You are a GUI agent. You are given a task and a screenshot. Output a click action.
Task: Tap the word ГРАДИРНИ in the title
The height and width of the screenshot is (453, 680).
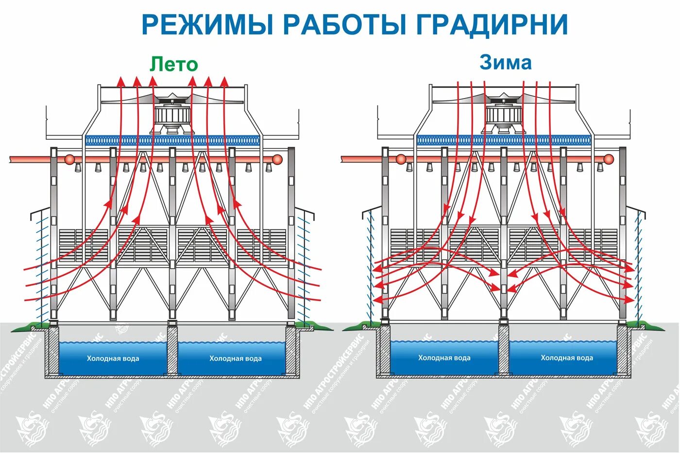tap(492, 24)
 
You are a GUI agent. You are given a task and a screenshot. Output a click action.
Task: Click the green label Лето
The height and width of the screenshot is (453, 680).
tap(173, 64)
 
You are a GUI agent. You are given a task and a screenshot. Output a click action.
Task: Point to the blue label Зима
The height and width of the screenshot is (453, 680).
tap(506, 62)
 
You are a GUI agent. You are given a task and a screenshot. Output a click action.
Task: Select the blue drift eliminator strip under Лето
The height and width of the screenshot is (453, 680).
tap(173, 141)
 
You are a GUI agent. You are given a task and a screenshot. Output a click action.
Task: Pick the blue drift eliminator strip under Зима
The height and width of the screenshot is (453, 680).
tap(505, 141)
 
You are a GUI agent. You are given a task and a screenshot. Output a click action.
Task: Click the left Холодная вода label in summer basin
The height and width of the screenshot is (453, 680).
tap(113, 359)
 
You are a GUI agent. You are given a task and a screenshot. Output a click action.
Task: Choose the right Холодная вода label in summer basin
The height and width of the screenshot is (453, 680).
tap(236, 359)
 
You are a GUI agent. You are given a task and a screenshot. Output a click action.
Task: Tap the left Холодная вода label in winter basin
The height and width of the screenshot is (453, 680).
tap(444, 358)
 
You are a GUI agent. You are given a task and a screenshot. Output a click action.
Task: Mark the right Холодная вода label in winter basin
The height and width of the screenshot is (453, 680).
tap(567, 358)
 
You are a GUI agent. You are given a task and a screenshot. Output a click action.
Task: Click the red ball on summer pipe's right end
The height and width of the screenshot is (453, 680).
tap(277, 159)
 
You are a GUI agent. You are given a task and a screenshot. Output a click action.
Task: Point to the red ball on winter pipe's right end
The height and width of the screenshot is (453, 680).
tap(609, 159)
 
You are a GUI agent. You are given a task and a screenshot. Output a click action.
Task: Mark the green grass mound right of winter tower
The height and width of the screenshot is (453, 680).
tap(646, 325)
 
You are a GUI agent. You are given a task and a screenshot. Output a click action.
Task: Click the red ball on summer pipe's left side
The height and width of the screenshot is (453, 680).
tap(70, 159)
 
